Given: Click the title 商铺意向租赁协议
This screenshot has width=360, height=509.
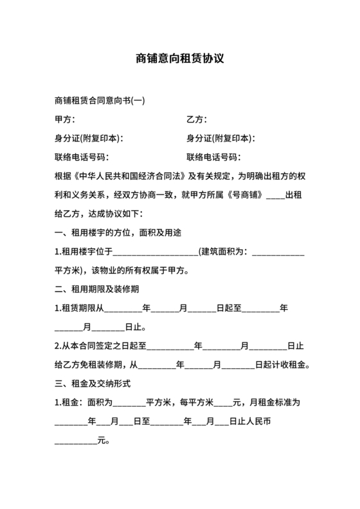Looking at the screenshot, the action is pyautogui.click(x=180, y=58).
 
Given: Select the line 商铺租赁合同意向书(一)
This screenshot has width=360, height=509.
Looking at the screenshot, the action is pyautogui.click(x=99, y=102).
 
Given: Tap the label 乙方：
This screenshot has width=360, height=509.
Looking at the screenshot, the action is pyautogui.click(x=197, y=120).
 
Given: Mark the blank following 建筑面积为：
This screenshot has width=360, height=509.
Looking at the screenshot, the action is pyautogui.click(x=279, y=253).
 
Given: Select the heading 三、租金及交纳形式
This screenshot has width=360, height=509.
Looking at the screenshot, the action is pyautogui.click(x=94, y=384).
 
